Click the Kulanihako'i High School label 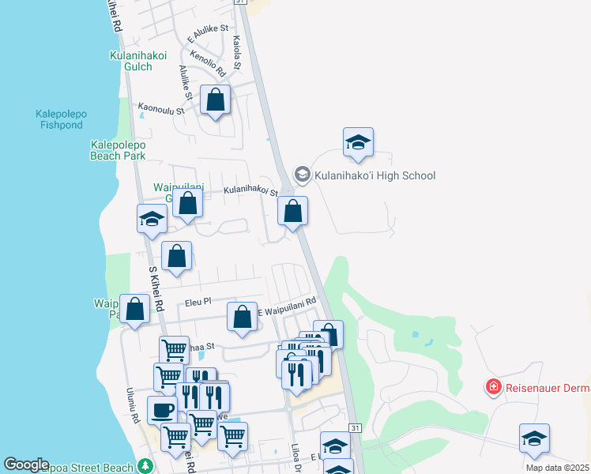point(375,175)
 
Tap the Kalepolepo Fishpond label point(61,119)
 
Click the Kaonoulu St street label point(161,110)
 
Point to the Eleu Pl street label point(198,301)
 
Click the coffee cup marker point(162,411)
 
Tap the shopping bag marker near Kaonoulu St point(215,100)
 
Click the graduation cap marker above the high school point(358,142)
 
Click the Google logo point(26,465)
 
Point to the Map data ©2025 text point(557,468)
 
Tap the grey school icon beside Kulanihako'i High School point(302,174)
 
